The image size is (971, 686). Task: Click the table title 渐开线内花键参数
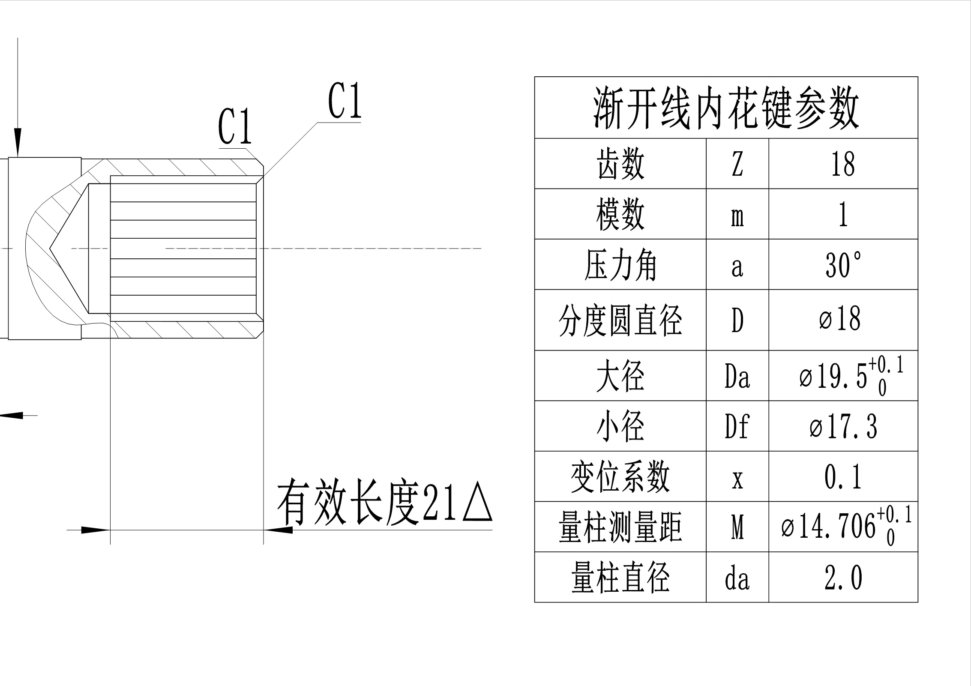(x=726, y=108)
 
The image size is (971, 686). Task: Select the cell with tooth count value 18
(x=843, y=164)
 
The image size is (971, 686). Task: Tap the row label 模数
(x=620, y=215)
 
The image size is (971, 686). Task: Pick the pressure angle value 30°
(x=843, y=265)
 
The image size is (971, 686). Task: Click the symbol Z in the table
(x=737, y=164)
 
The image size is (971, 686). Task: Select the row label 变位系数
(x=620, y=477)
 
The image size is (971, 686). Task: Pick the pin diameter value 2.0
(x=843, y=578)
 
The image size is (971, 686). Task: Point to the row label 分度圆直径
(x=620, y=321)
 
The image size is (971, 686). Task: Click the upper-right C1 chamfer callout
(x=345, y=101)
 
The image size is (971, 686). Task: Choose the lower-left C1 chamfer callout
(x=235, y=127)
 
